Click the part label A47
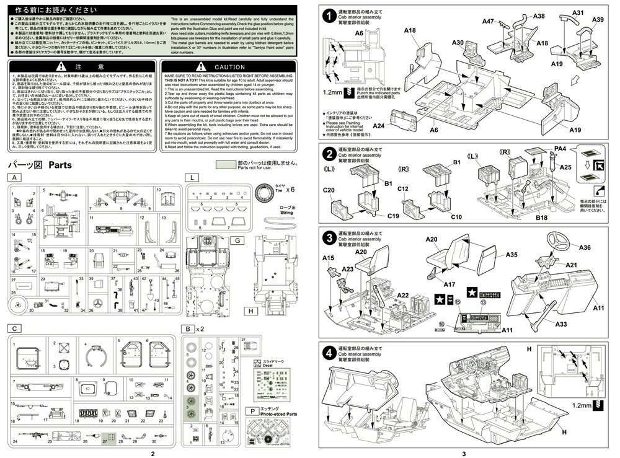[x=487, y=21]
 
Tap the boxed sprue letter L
[x=193, y=177]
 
